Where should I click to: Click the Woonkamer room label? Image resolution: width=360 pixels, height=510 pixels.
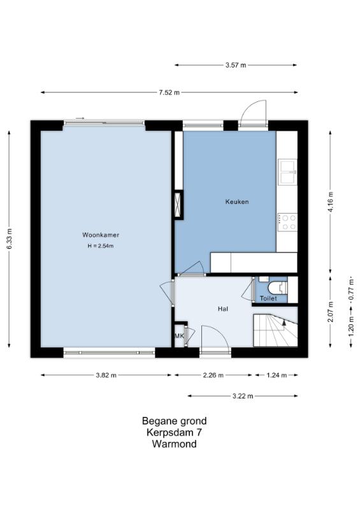click(101, 235)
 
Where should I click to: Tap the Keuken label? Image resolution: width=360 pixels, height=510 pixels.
click(237, 201)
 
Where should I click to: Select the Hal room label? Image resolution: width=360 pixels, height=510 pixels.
click(223, 309)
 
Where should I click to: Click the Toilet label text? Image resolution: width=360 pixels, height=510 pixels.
click(268, 298)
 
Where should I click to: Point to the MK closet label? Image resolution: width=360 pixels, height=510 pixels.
click(179, 336)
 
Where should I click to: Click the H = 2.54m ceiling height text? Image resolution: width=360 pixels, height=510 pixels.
click(101, 246)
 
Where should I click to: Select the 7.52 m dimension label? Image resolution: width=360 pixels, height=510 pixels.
click(169, 92)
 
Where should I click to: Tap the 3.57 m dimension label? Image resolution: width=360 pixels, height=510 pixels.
click(236, 65)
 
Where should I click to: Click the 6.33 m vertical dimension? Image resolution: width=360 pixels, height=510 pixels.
click(9, 239)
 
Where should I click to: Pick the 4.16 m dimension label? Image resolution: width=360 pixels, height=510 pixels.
click(331, 202)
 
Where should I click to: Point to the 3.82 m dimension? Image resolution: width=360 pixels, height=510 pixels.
click(106, 375)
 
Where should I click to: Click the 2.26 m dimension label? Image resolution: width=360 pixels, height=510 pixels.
click(213, 375)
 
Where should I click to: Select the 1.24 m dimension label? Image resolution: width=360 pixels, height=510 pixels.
click(277, 375)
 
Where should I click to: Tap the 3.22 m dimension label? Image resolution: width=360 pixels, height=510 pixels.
click(243, 396)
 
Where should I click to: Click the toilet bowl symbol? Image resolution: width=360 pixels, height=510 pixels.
click(277, 288)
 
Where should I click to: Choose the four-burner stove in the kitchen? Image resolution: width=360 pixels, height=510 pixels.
click(287, 222)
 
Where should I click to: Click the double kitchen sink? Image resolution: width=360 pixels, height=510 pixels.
click(287, 172)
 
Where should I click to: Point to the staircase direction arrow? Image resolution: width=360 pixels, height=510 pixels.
click(284, 323)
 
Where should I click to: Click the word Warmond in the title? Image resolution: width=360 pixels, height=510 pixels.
click(175, 444)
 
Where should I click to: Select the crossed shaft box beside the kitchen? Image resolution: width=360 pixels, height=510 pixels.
click(178, 205)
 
